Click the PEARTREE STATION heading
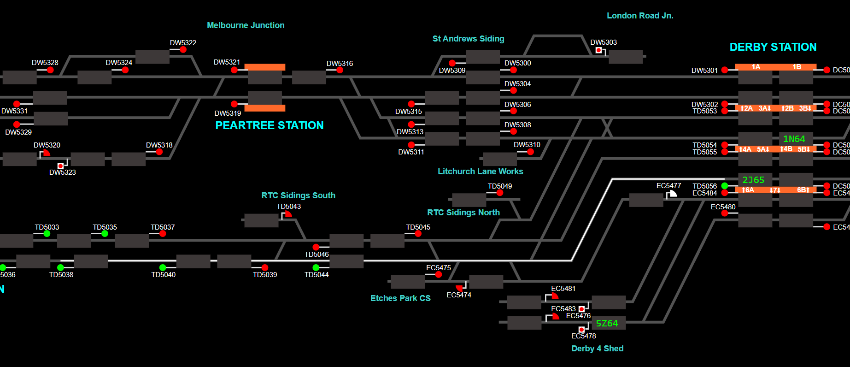point(270,125)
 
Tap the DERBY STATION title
point(773,47)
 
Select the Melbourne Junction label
point(246,25)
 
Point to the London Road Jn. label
point(640,16)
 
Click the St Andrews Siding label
point(468,39)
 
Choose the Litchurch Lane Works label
point(480,172)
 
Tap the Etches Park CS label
point(400,298)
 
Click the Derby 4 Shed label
point(597,349)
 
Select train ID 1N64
point(794,139)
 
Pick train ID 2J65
point(753,180)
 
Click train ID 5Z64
point(607,323)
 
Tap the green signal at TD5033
point(47,234)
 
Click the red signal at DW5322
point(183,49)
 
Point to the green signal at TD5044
point(316,267)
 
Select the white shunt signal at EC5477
point(673,194)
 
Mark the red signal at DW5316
point(340,70)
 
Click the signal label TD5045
point(418,227)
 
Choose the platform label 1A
point(756,67)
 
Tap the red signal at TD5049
point(500,193)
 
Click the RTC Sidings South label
point(298,195)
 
